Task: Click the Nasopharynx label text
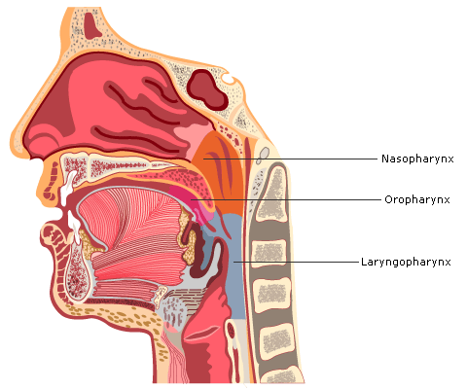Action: [417, 159]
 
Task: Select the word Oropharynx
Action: [417, 199]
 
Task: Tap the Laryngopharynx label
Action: [406, 262]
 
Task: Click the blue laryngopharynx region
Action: [235, 265]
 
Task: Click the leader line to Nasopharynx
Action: [291, 159]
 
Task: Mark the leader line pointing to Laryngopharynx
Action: [296, 262]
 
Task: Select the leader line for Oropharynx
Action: [286, 199]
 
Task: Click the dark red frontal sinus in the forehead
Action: [92, 25]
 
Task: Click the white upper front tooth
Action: [68, 189]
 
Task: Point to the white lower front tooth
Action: [74, 226]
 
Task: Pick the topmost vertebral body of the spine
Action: [273, 193]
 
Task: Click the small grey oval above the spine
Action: [265, 153]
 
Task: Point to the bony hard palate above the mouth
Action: [120, 166]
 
